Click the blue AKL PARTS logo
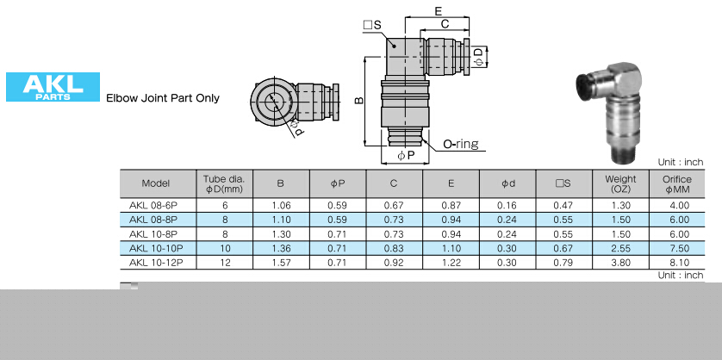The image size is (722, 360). point(53,86)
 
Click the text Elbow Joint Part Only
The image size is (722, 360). point(163,98)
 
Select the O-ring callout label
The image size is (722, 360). point(460,144)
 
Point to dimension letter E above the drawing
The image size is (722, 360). point(438,11)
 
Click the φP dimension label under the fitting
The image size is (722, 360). point(406,156)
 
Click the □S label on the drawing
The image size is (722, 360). point(372,25)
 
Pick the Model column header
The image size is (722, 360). point(156,183)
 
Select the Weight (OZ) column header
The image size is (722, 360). point(620,183)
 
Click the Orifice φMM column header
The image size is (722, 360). point(677,183)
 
